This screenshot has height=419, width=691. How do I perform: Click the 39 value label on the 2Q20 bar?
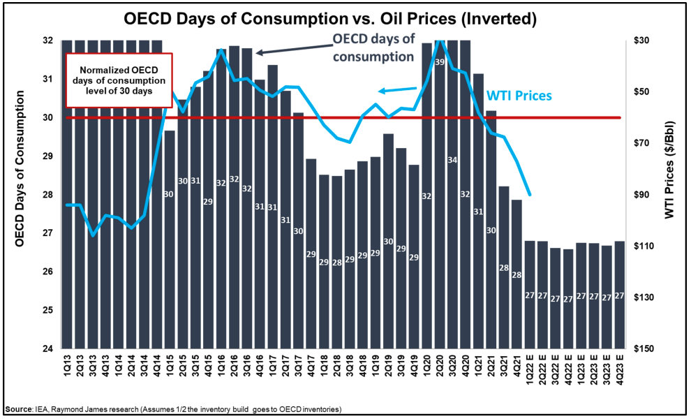point(440,63)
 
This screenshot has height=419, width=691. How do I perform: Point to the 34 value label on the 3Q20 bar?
point(452,161)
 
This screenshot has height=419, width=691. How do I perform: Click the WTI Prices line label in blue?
point(519,96)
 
